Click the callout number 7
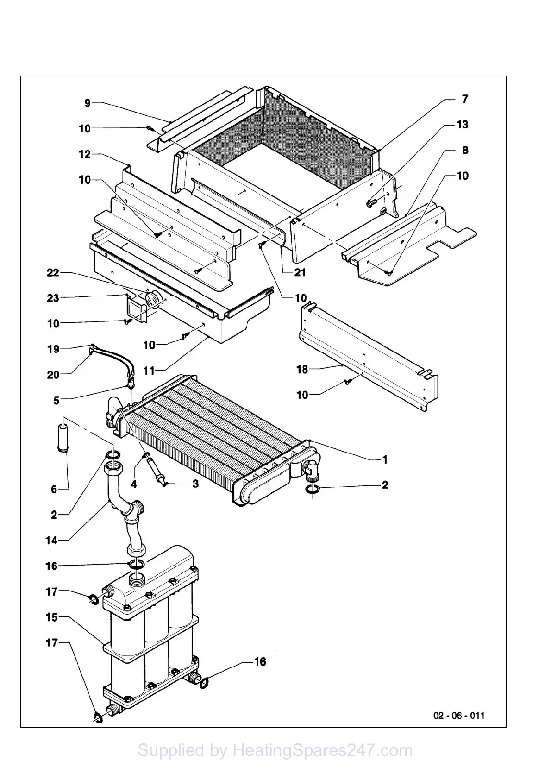tap(465, 99)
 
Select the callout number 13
tap(462, 124)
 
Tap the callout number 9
tap(88, 103)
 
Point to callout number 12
tap(85, 154)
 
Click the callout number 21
tap(300, 272)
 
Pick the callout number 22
tap(53, 272)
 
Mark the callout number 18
tap(302, 369)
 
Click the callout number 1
tap(384, 459)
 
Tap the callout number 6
tap(54, 489)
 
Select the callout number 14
tap(51, 540)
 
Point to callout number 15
tap(51, 617)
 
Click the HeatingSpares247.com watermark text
tap(275, 750)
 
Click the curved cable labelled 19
tap(111, 359)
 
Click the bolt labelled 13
tap(370, 202)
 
